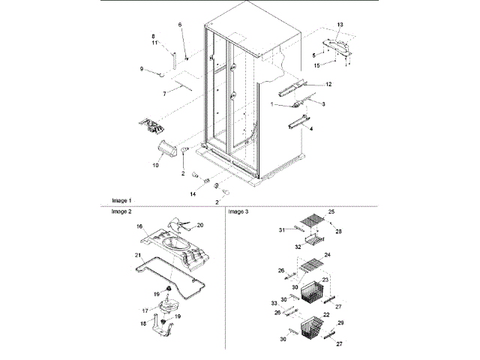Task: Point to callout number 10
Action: point(156,163)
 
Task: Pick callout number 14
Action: point(193,193)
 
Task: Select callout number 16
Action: point(139,225)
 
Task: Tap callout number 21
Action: point(137,255)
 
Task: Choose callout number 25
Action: point(331,212)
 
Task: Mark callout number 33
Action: point(274,302)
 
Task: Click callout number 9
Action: point(140,70)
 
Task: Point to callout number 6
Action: point(180,25)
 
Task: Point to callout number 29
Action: point(340,322)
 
